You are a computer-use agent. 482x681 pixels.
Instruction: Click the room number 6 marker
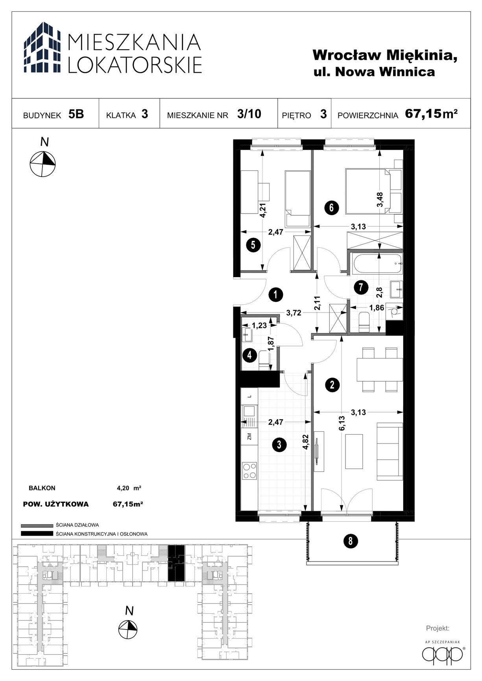(331, 207)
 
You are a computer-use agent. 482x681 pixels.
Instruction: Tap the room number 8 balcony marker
(350, 541)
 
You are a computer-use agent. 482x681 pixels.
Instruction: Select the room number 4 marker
(249, 356)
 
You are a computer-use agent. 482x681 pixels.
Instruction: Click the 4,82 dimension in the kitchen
(305, 442)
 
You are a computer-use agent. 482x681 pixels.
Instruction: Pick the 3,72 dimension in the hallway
(294, 313)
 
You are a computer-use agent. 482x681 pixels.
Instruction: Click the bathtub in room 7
(377, 263)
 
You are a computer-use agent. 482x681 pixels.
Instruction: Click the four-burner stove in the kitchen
(249, 471)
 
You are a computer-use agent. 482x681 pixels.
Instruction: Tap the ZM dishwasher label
(249, 436)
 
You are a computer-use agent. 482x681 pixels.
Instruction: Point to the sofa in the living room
(390, 451)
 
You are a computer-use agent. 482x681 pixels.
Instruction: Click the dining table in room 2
(380, 370)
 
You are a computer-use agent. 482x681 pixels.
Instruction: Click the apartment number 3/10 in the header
(249, 114)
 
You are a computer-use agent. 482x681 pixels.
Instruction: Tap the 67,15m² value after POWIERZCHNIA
(431, 114)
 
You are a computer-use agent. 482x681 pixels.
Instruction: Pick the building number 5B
(76, 114)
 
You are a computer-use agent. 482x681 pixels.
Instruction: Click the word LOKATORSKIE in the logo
(135, 64)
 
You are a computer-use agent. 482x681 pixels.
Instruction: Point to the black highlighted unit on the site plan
(176, 563)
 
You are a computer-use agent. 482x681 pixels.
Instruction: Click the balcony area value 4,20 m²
(129, 488)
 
